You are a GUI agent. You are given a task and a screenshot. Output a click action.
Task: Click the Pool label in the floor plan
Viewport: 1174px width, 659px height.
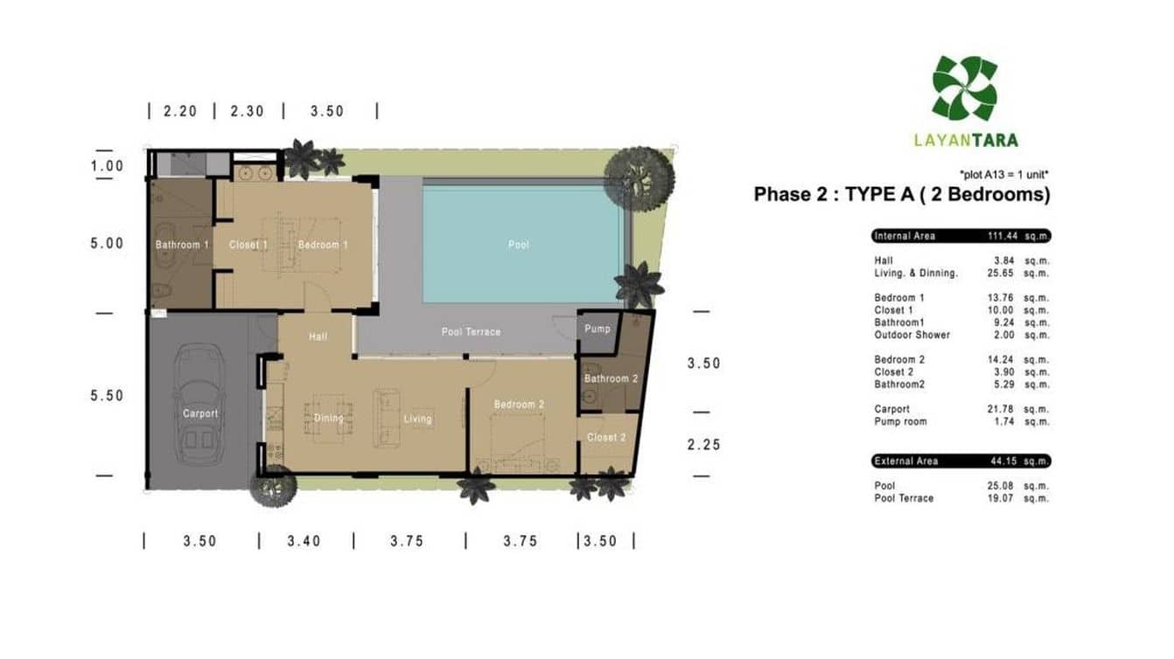pos(519,245)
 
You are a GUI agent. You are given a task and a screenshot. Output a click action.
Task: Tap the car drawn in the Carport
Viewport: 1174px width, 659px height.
pos(199,404)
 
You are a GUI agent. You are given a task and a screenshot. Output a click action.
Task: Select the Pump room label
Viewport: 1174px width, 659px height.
pos(597,329)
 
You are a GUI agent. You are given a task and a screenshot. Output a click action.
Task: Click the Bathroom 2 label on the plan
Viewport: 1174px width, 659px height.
pos(611,378)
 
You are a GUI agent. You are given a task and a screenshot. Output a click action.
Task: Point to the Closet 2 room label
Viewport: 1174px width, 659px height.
pos(606,437)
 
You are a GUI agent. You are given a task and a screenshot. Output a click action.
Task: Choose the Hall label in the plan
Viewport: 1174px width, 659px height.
pos(318,336)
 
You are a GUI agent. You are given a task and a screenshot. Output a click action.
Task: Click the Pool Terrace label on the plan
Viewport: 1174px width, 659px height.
pos(471,332)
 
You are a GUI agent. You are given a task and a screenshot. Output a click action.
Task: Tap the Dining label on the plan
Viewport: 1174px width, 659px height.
pos(329,418)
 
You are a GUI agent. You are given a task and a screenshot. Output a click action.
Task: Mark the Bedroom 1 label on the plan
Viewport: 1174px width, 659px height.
pos(323,245)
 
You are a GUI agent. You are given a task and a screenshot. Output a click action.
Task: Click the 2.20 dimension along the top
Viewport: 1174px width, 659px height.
pos(180,112)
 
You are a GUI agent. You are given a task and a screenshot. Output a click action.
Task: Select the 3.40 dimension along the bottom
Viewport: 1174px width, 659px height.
pos(304,541)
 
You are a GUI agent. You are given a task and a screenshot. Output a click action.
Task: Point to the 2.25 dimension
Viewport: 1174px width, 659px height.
pos(704,445)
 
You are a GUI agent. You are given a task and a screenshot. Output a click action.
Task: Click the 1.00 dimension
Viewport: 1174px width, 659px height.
pos(107,166)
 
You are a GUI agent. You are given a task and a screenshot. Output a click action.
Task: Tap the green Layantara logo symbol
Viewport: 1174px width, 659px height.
pos(964,88)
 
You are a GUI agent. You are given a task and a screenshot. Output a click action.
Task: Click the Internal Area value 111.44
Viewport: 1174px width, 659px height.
pos(1003,236)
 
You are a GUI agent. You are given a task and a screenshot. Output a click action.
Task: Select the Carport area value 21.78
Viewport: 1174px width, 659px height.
pos(1001,409)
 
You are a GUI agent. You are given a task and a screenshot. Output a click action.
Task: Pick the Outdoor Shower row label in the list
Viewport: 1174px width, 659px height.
pos(912,335)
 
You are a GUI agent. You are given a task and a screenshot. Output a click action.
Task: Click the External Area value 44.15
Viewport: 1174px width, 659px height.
pos(1003,461)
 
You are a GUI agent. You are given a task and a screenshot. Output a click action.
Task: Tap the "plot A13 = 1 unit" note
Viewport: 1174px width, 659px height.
pos(1003,174)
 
